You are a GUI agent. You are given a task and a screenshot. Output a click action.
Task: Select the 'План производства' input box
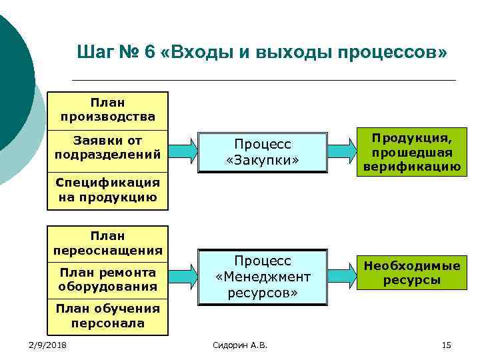[108, 110]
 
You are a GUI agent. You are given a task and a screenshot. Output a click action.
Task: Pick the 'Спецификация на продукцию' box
[108, 189]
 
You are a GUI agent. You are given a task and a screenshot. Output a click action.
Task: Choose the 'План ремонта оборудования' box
[108, 279]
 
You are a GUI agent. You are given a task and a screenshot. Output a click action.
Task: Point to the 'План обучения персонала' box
[108, 315]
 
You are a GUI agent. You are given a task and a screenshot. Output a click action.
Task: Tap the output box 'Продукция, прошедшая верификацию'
[411, 152]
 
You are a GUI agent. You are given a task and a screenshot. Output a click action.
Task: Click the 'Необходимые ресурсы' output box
[411, 273]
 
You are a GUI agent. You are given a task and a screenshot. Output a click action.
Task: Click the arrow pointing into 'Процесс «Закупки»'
[182, 147]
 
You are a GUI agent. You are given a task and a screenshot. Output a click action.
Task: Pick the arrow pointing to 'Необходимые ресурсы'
[343, 271]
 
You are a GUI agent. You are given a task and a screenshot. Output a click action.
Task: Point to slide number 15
[446, 345]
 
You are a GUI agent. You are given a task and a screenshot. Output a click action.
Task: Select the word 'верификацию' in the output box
[411, 167]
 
